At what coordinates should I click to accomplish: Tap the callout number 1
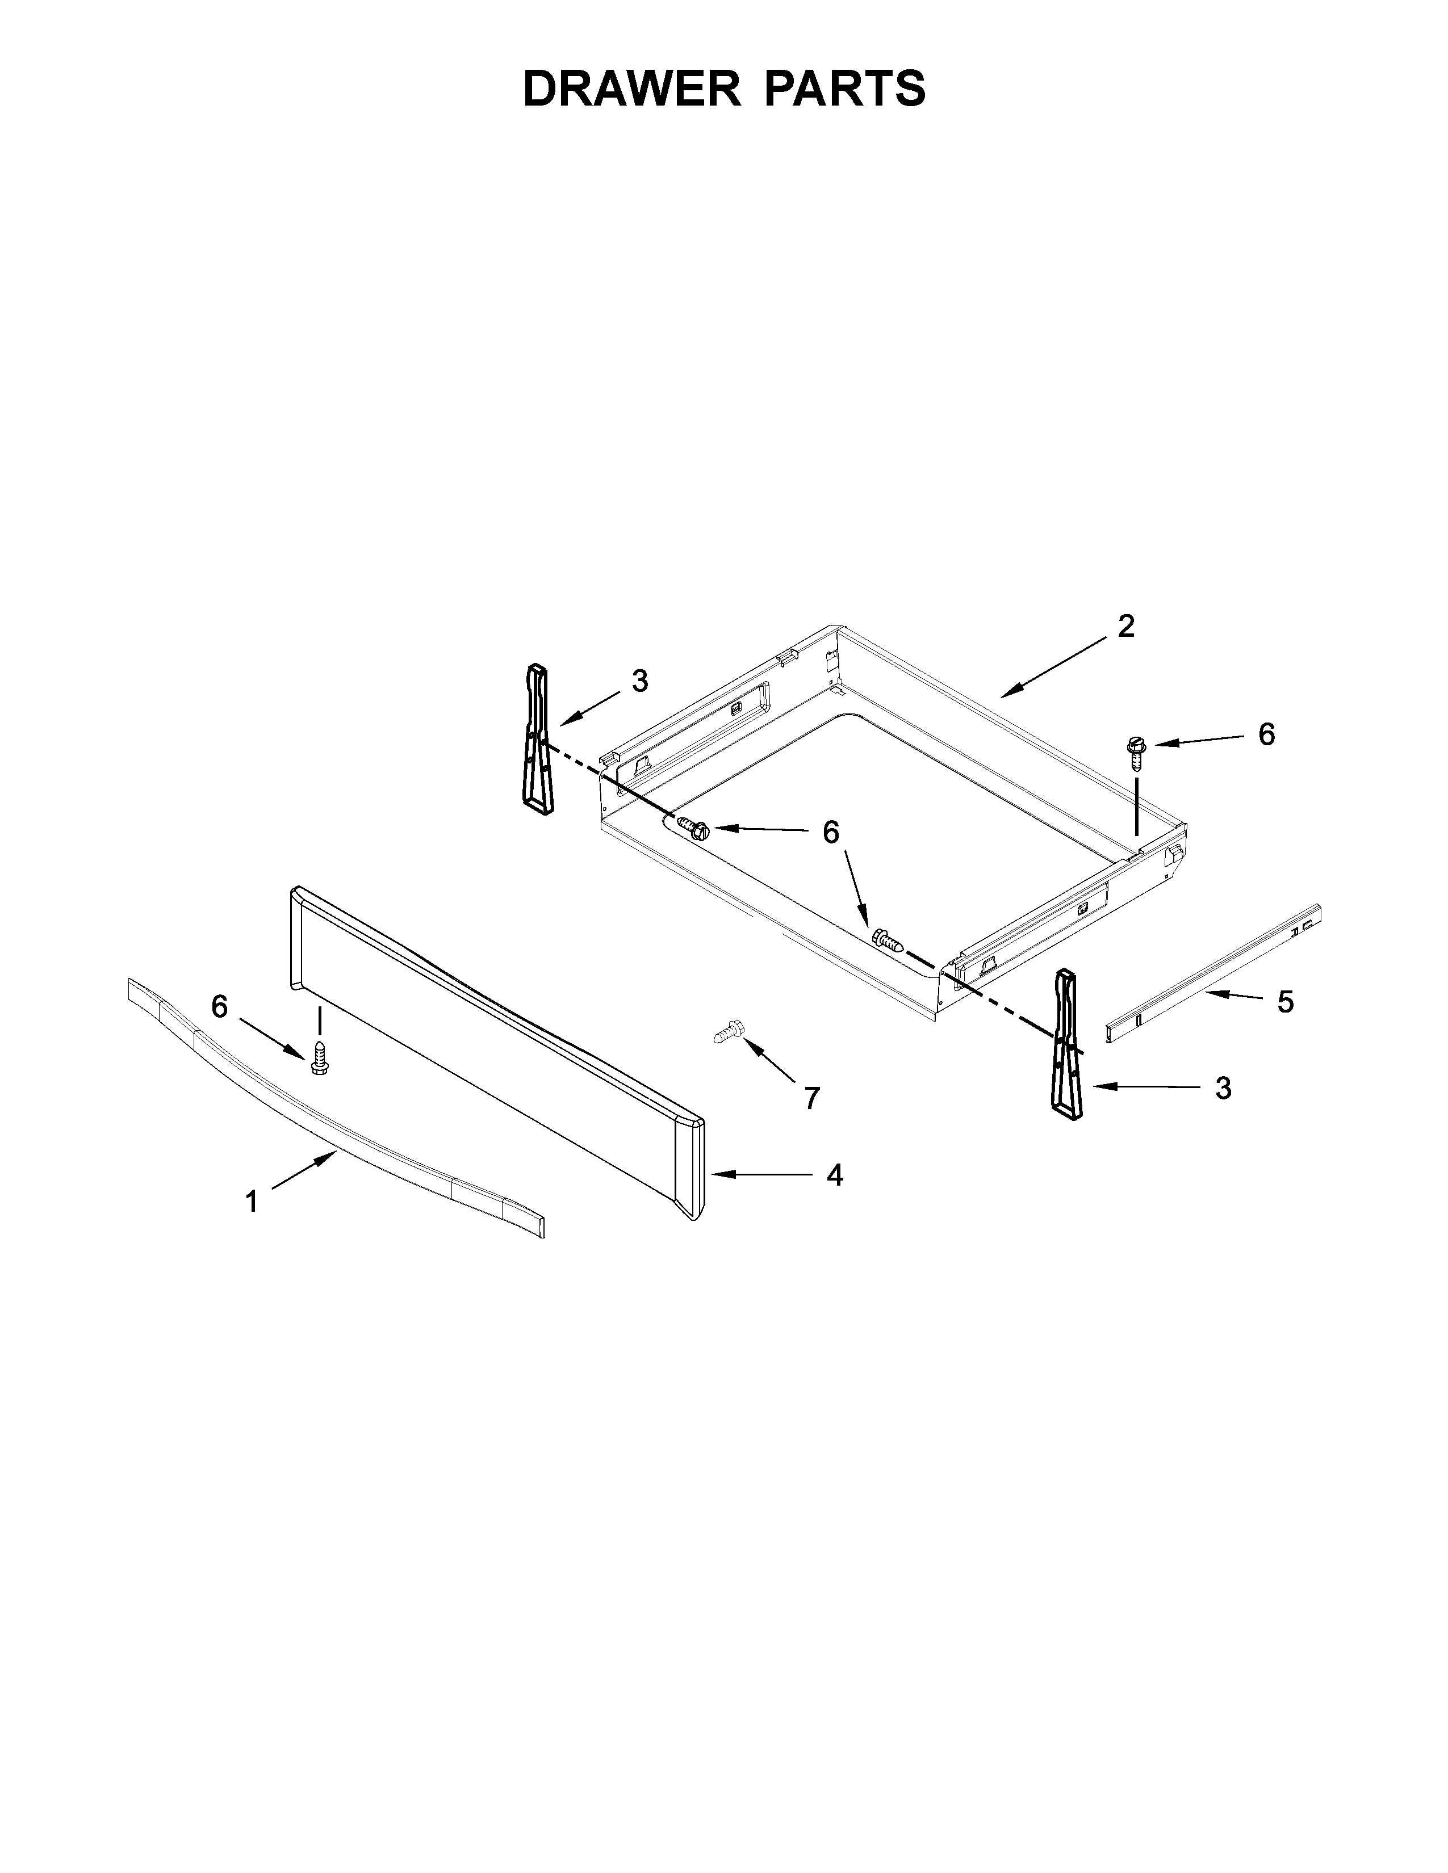(x=252, y=1202)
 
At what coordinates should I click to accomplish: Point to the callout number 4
(x=835, y=1175)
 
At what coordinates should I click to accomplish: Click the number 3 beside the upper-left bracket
(x=640, y=681)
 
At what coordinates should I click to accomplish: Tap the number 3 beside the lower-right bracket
(x=1223, y=1087)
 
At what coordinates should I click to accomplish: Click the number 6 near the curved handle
(x=220, y=1007)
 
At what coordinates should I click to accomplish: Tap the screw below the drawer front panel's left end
(x=319, y=1057)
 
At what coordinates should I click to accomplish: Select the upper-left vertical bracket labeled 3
(x=538, y=737)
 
